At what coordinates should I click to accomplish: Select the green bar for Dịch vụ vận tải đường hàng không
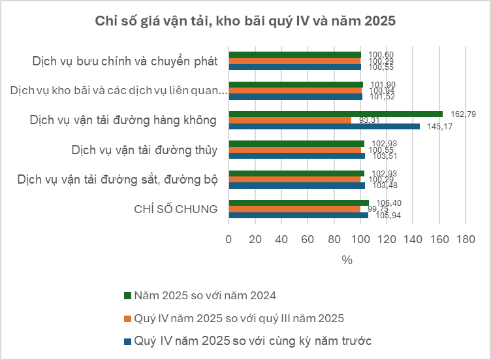[335, 114]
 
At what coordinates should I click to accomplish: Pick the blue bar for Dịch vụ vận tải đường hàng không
[324, 126]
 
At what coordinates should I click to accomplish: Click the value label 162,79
[464, 114]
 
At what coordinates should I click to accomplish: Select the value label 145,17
[441, 127]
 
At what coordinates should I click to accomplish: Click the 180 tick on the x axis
[466, 240]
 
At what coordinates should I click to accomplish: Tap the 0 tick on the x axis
[228, 240]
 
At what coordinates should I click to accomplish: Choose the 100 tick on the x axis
[360, 240]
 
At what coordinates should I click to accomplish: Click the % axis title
[347, 259]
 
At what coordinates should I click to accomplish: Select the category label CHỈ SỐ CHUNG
[176, 209]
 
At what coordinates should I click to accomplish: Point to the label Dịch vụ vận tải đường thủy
[144, 150]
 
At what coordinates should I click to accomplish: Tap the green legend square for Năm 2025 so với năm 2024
[127, 295]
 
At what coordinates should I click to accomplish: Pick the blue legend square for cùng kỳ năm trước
[127, 341]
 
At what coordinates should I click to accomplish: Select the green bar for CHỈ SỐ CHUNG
[298, 203]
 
